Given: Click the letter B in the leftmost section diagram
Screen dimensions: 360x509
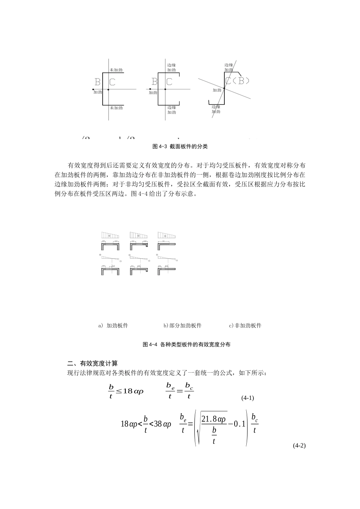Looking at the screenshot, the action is [97, 81].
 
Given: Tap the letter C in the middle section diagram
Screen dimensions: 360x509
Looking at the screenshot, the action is [169, 81].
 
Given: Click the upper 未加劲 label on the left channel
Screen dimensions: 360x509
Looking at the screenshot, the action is [116, 70].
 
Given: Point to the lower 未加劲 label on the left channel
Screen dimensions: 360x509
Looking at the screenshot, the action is [116, 108].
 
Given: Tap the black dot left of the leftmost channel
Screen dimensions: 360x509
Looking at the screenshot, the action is [93, 89].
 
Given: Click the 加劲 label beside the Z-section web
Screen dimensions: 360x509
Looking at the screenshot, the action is [217, 90].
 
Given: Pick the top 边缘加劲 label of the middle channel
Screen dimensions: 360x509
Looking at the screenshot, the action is [172, 67].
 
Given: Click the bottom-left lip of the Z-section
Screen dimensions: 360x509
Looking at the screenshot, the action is [209, 102].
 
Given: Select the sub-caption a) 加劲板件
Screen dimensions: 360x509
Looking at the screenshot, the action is [113, 325].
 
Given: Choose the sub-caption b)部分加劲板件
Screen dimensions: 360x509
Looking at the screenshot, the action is [182, 325].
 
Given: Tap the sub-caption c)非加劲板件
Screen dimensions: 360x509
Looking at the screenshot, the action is [245, 325].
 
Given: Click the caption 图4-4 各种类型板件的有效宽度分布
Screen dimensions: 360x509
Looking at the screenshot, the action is [186, 345].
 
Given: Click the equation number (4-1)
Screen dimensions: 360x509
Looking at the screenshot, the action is [247, 398].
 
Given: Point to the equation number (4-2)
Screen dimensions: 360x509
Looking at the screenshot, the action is [299, 446].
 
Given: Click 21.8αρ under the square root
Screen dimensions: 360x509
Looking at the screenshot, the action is [214, 419].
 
